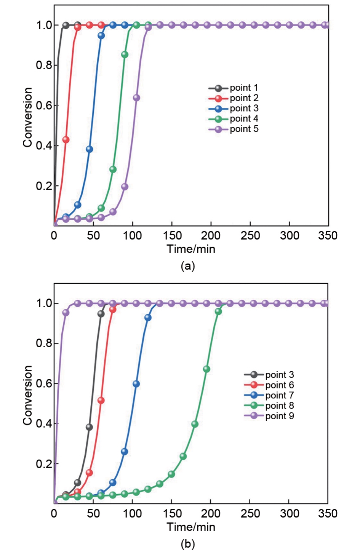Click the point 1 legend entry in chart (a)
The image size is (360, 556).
[233, 88]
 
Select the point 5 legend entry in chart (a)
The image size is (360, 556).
[233, 129]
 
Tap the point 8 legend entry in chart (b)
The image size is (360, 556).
[269, 406]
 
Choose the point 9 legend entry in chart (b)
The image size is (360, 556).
[269, 416]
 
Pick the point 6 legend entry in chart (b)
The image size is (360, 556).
[269, 385]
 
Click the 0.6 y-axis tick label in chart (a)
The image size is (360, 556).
[44, 105]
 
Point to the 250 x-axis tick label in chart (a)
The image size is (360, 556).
[250, 235]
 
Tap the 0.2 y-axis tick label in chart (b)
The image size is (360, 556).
[44, 464]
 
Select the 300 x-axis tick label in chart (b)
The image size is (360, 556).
[290, 513]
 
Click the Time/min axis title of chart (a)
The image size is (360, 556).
[191, 249]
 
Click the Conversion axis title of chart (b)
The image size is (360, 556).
[27, 395]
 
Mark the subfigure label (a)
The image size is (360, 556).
[188, 266]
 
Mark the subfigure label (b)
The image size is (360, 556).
[188, 544]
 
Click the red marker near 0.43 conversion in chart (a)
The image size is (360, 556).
[66, 140]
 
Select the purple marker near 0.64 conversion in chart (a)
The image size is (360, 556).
[136, 98]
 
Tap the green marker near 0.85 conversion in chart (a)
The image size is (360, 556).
[125, 55]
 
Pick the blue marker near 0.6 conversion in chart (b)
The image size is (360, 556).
[136, 384]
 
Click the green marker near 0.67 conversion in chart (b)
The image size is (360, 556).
[206, 369]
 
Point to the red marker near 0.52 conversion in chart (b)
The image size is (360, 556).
[101, 401]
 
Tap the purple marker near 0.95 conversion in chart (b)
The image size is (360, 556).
[66, 313]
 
